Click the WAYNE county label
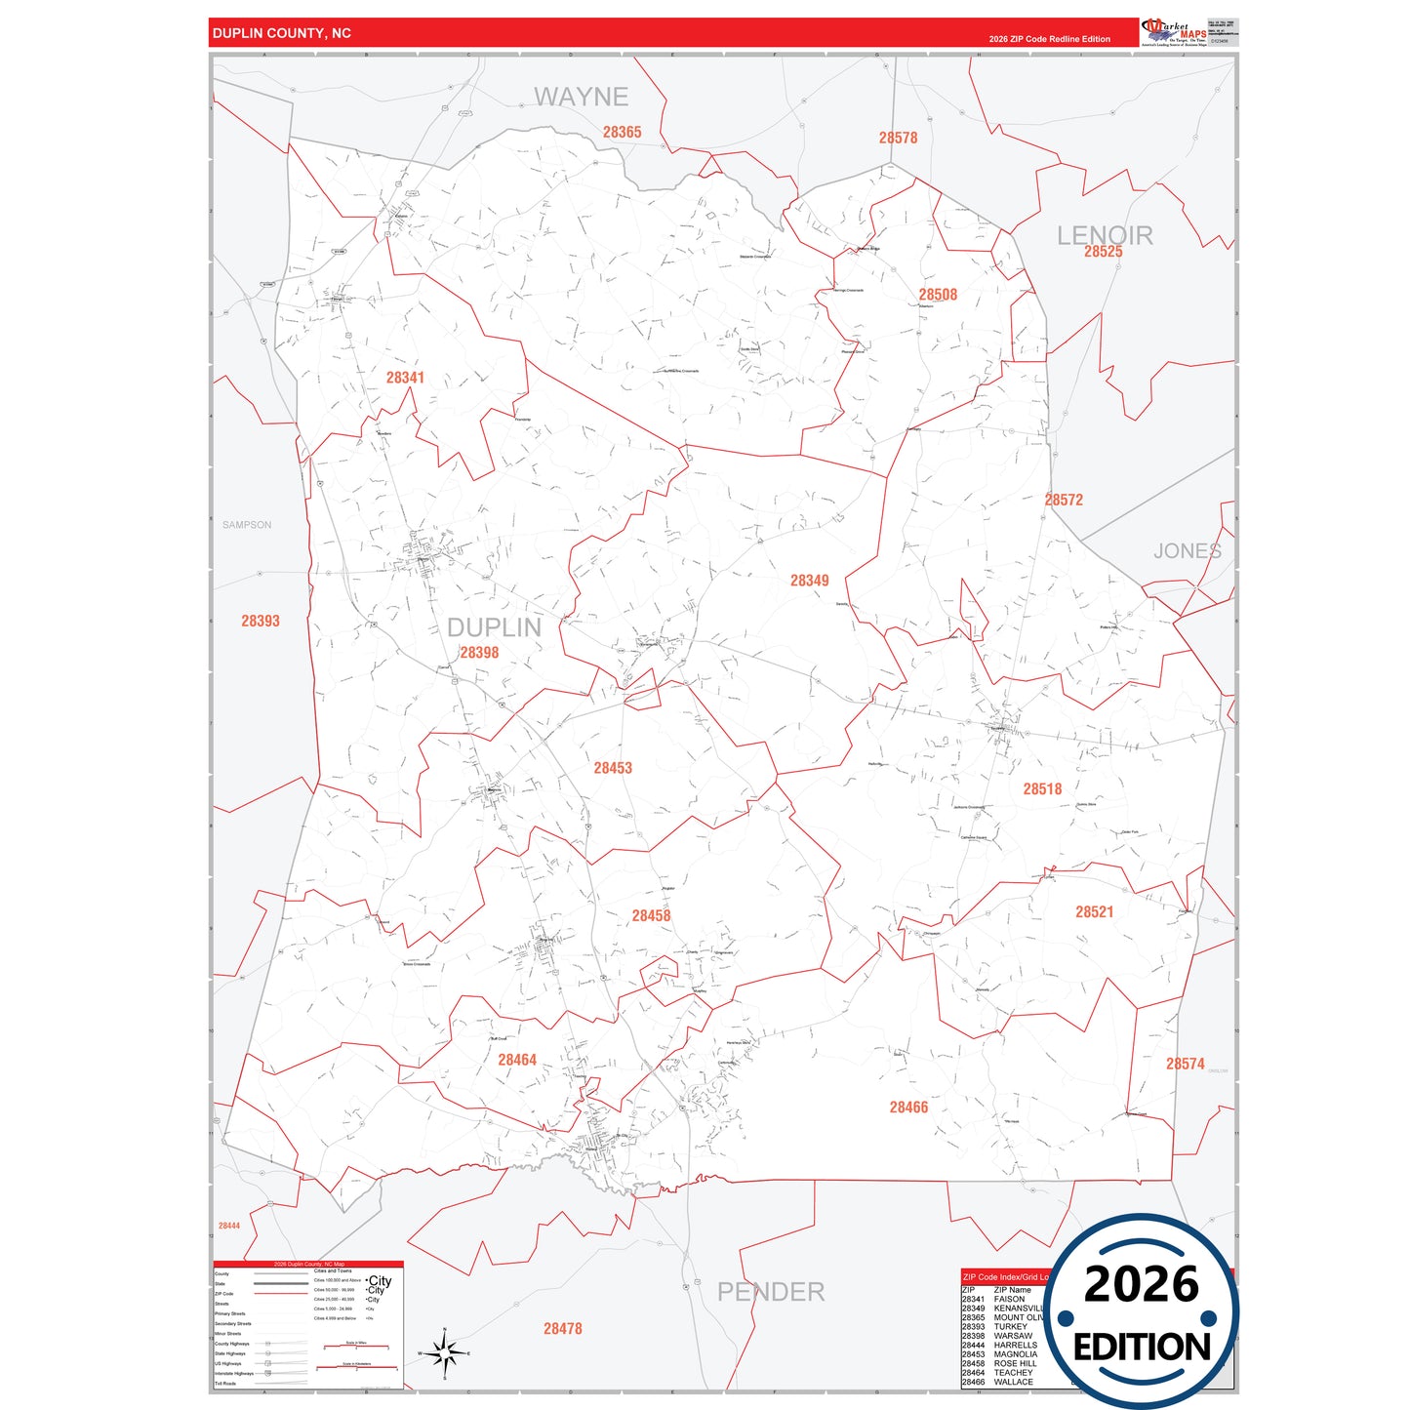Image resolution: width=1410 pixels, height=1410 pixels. pyautogui.click(x=581, y=97)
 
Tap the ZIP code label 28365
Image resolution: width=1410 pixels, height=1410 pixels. pyautogui.click(x=622, y=133)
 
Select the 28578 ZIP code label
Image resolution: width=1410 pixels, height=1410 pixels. pyautogui.click(x=898, y=138)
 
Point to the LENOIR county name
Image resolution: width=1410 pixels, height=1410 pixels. pyautogui.click(x=1105, y=234)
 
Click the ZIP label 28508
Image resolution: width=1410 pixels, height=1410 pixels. pyautogui.click(x=938, y=295)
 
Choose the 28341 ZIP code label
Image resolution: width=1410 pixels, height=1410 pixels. pyautogui.click(x=405, y=378)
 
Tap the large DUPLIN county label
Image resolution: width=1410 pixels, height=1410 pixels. pyautogui.click(x=494, y=627)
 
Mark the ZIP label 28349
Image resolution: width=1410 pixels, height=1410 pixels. pyautogui.click(x=809, y=581)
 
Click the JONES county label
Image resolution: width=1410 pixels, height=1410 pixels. pyautogui.click(x=1187, y=551)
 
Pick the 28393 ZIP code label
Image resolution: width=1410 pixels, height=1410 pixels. pyautogui.click(x=261, y=621)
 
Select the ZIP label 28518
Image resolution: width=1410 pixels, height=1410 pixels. pyautogui.click(x=1042, y=789)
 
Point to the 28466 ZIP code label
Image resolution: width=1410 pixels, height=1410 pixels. pyautogui.click(x=908, y=1108)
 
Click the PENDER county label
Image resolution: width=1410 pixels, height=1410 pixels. pyautogui.click(x=771, y=1292)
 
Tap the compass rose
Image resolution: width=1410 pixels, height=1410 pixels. pyautogui.click(x=444, y=1353)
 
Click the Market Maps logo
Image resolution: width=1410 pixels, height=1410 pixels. pyautogui.click(x=1174, y=32)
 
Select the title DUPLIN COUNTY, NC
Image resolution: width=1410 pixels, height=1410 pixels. pyautogui.click(x=282, y=33)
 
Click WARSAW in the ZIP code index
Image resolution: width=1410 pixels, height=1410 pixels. pyautogui.click(x=1013, y=1336)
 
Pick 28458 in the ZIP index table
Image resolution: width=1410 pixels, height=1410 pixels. pyautogui.click(x=973, y=1364)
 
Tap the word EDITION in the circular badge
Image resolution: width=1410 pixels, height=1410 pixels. pyautogui.click(x=1142, y=1348)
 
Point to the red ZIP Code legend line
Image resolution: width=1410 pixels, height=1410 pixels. pyautogui.click(x=281, y=1294)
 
